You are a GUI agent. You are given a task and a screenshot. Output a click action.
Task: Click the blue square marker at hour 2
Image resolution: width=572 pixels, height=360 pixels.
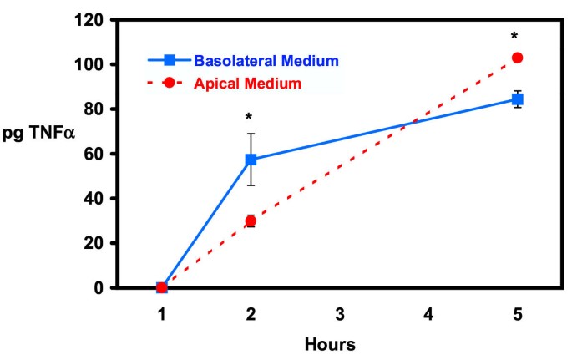click(x=251, y=160)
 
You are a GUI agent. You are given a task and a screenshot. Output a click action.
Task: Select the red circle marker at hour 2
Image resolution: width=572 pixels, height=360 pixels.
click(x=251, y=221)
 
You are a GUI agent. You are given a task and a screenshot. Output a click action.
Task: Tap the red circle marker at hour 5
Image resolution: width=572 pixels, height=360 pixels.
click(x=517, y=58)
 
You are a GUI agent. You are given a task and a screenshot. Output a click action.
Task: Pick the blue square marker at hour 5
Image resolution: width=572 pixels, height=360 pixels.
click(x=517, y=99)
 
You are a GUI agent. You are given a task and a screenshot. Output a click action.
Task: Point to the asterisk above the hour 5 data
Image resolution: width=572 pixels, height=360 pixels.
click(x=515, y=37)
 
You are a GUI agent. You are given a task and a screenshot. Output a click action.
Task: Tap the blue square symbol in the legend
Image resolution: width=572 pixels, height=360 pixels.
click(x=170, y=60)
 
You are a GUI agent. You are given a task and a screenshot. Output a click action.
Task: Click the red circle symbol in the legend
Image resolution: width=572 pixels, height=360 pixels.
click(x=170, y=84)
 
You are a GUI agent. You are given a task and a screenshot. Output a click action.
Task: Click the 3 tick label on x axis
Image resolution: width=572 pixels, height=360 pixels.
click(x=339, y=315)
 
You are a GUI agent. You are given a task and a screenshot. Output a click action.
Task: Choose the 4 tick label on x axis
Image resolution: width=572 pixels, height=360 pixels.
click(x=428, y=315)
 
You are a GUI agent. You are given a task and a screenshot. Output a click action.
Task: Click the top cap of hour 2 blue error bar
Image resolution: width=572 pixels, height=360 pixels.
click(x=251, y=133)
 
